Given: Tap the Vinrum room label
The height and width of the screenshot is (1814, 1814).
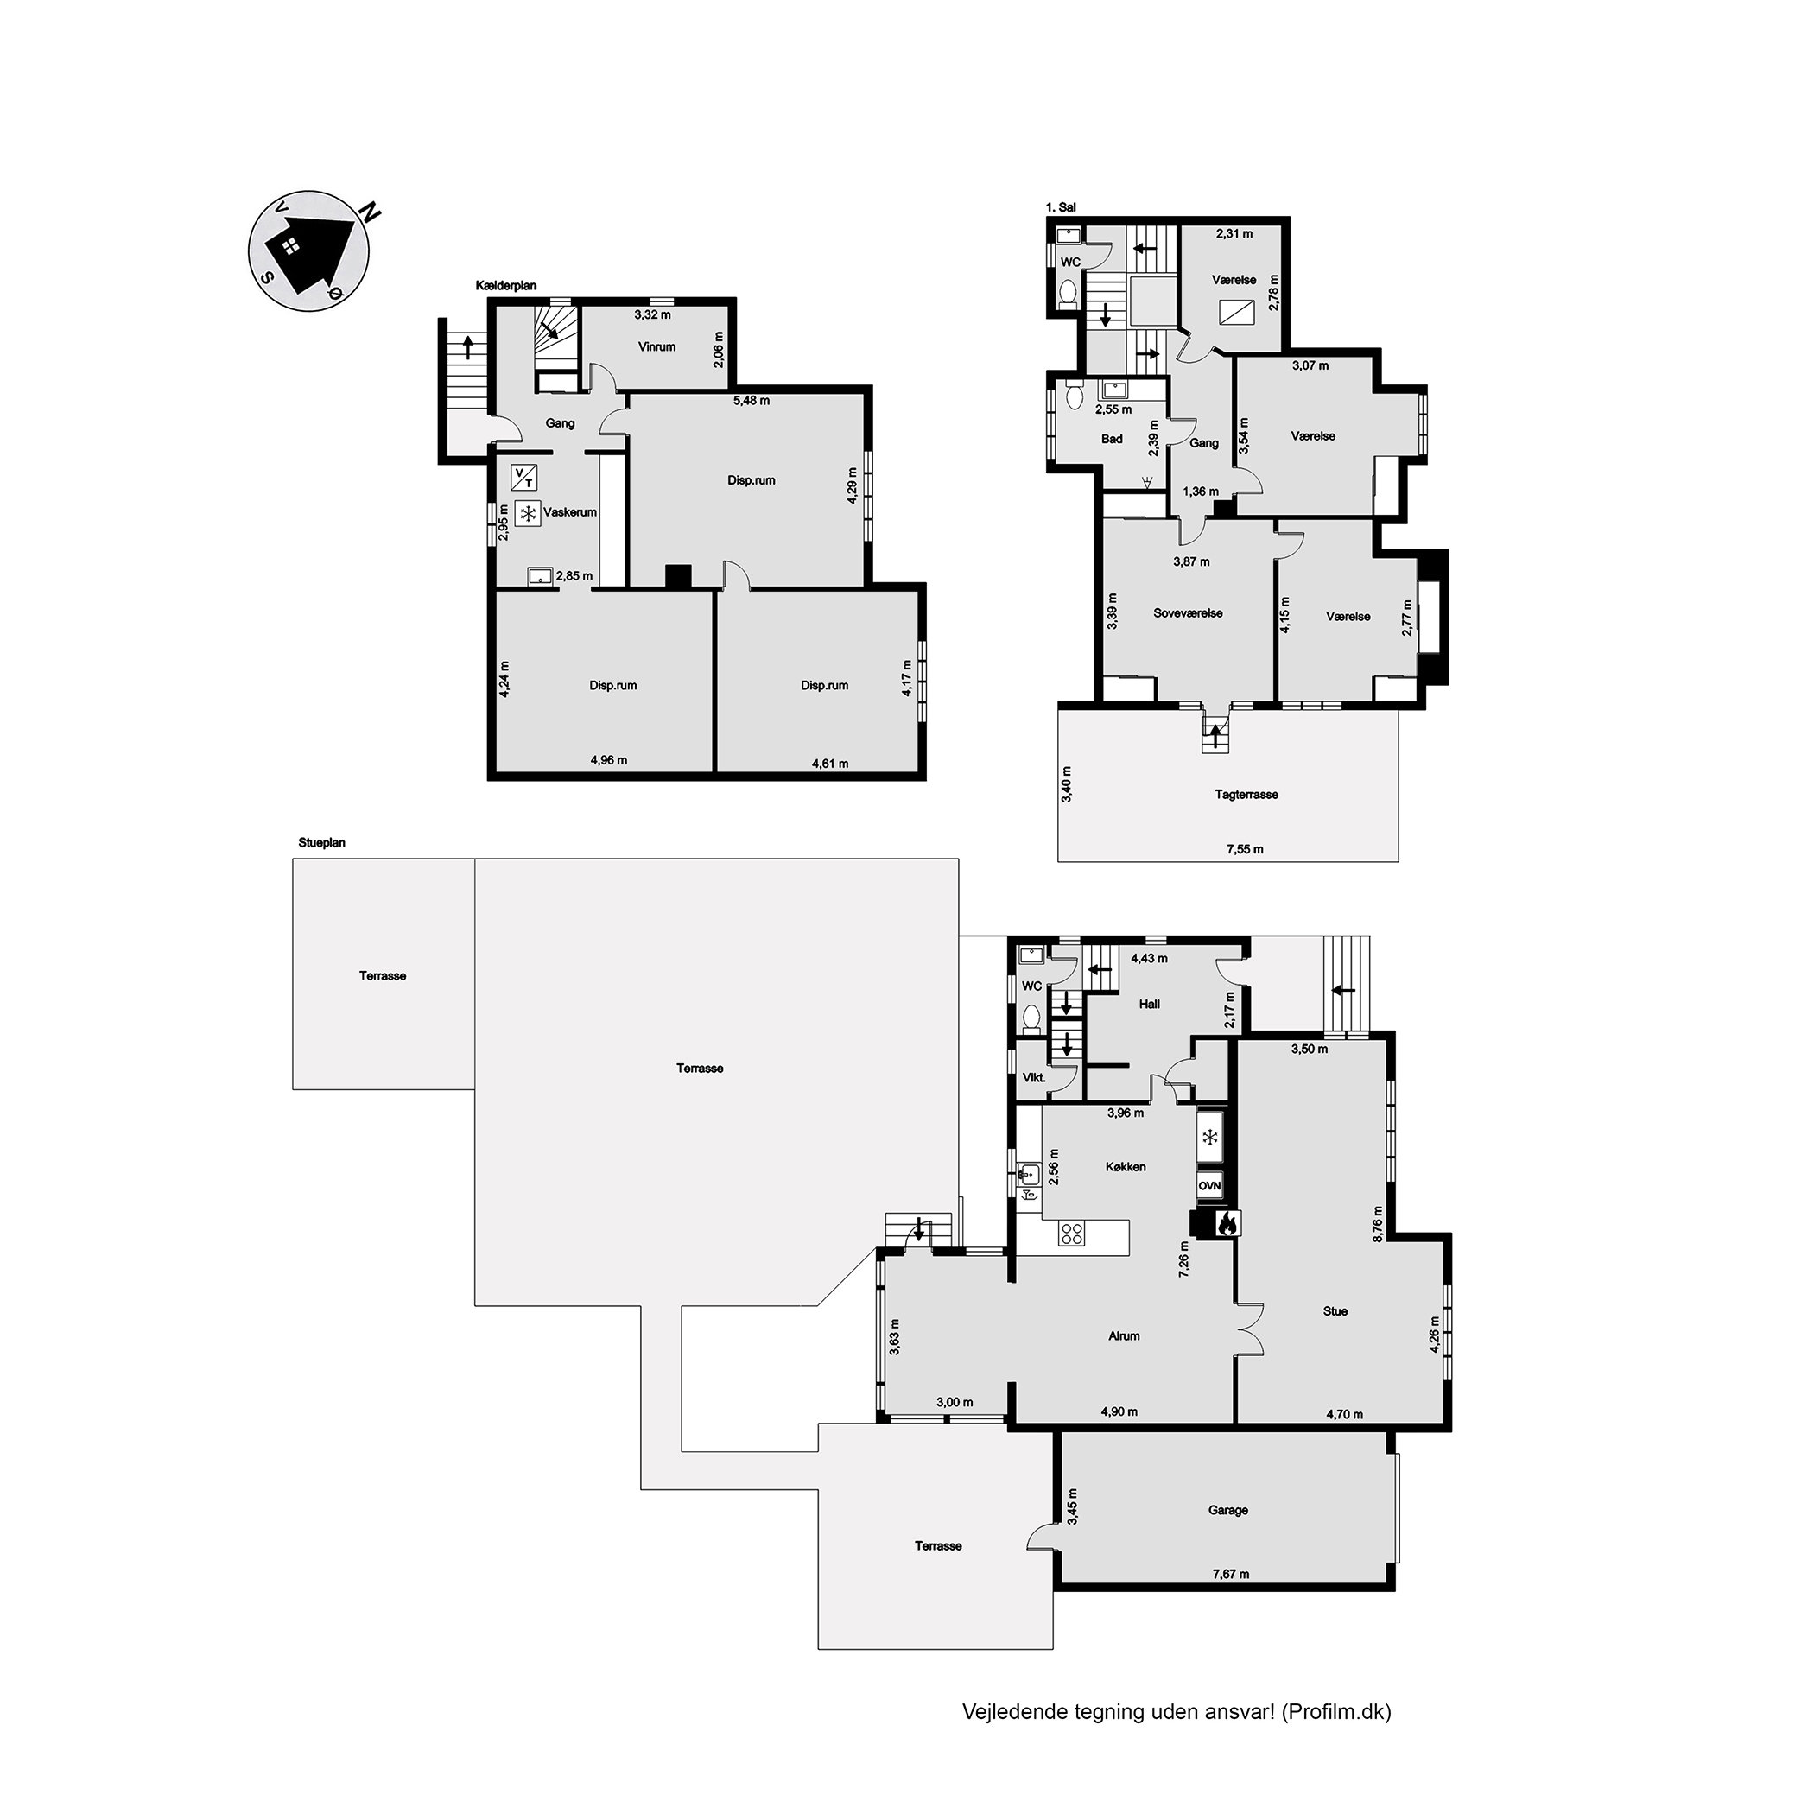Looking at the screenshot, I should [x=656, y=346].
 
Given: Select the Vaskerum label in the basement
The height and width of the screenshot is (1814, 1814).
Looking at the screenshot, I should [x=570, y=511].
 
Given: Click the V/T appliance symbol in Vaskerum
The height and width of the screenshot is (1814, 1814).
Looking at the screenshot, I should [x=524, y=478].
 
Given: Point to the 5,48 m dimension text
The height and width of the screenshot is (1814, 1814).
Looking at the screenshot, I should [x=752, y=401].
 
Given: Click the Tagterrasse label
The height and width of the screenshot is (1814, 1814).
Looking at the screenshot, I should [x=1246, y=795].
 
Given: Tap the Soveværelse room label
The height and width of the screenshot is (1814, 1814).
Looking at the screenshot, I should [x=1188, y=613].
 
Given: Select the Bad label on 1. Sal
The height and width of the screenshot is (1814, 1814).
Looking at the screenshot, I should [x=1112, y=439].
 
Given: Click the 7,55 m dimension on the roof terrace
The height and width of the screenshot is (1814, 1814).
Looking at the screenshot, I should [x=1245, y=849].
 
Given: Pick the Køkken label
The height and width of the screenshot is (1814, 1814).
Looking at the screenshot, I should [x=1126, y=1166].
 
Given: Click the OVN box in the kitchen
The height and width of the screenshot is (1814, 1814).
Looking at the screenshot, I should [x=1209, y=1186].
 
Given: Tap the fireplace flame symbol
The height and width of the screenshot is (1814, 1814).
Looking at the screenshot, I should [x=1227, y=1222].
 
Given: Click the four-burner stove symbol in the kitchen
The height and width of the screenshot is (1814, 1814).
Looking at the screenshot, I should [x=1071, y=1233].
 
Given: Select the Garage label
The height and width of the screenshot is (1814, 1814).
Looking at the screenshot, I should [x=1228, y=1510].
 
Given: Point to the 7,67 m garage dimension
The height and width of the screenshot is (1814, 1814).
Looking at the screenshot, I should [x=1230, y=1575].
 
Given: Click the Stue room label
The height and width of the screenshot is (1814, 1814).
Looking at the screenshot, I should [x=1335, y=1310].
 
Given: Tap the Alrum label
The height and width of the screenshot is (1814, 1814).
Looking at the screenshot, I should [x=1124, y=1335].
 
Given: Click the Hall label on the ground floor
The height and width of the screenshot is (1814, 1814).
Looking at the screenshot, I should [x=1149, y=1004].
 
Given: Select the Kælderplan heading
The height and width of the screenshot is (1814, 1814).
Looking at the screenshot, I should [x=506, y=285].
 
